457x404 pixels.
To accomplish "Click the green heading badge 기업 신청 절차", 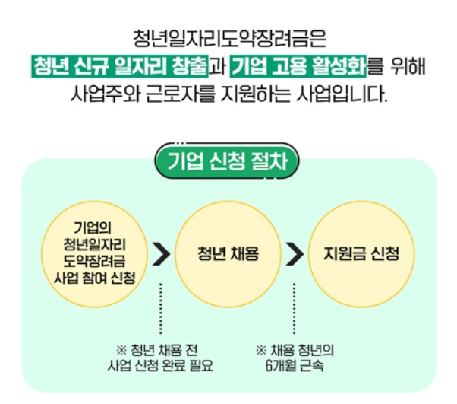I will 227,161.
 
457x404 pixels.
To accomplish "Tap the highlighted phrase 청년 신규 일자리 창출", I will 119,67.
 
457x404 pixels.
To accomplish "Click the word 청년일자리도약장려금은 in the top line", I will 228,37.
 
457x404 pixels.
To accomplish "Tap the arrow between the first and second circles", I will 160,253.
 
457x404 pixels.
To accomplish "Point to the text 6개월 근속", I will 295,365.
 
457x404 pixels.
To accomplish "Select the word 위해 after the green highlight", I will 409,67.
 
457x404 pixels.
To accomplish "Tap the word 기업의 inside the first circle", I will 93,227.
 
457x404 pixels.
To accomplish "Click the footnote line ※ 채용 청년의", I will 295,350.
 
